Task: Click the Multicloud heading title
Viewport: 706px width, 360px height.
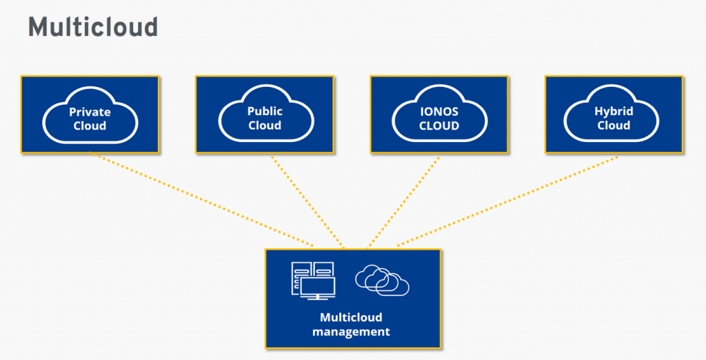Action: coord(93,27)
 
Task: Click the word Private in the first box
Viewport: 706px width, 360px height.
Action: coord(90,112)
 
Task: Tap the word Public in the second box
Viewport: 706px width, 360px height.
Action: coord(265,111)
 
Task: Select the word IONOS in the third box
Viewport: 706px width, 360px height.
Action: coord(439,112)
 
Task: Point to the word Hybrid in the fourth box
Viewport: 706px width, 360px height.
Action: coord(614,111)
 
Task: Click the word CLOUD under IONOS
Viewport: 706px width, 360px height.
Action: coord(439,126)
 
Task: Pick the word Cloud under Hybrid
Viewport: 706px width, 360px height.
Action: coord(614,126)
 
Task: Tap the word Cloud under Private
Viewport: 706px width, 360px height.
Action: coord(90,126)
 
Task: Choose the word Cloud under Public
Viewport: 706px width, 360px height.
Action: coord(265,126)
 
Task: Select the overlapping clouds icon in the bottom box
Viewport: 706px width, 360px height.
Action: coord(382,280)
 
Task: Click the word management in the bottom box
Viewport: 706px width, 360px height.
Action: coord(351,332)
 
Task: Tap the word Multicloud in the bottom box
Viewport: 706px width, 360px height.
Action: coord(351,318)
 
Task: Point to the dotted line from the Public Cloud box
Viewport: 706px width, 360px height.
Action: coord(307,200)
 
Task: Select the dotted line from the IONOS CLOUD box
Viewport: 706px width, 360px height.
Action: coord(403,200)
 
